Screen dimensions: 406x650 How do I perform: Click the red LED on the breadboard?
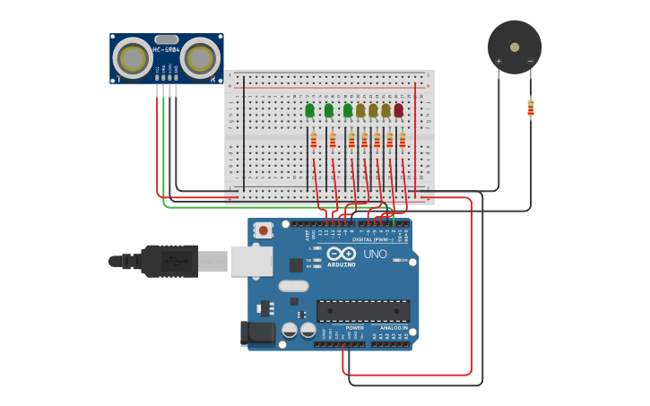tap(398, 110)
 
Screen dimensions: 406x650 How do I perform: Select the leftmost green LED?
tap(309, 110)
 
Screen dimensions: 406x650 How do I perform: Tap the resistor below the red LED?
tap(402, 141)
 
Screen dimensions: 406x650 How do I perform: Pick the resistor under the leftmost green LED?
tap(313, 141)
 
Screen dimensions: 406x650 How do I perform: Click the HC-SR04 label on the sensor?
tap(167, 49)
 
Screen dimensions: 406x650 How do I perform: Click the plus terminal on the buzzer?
tap(498, 62)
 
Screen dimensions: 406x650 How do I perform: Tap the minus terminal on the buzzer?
tap(530, 62)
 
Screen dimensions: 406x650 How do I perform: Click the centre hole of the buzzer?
tap(514, 47)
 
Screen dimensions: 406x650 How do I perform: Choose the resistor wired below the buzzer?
tap(530, 108)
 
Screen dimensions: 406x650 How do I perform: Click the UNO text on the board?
tap(375, 254)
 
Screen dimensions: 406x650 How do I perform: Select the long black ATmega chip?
tap(362, 310)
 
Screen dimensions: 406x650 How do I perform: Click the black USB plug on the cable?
tap(169, 261)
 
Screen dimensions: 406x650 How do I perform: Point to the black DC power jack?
tap(258, 333)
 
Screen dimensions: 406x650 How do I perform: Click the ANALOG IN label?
tap(393, 328)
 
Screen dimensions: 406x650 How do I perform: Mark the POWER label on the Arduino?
tap(354, 328)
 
